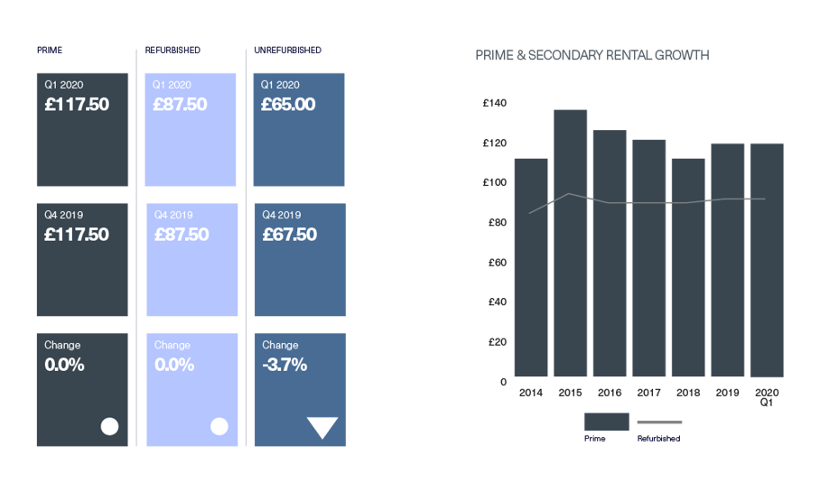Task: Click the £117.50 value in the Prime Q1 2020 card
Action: pos(77,105)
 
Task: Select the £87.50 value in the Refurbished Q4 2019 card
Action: pos(181,235)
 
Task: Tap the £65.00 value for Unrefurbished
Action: pos(288,105)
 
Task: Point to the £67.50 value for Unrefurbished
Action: pos(289,235)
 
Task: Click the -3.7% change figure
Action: pos(284,365)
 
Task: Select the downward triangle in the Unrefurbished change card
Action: pos(322,427)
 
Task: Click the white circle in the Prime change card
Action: pos(109,426)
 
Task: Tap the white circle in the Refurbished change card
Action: pos(219,426)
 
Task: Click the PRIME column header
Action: pos(49,50)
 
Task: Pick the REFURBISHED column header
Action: pos(172,50)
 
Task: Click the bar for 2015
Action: pos(571,244)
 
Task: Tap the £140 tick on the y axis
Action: pos(495,103)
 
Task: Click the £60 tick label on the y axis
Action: pos(497,262)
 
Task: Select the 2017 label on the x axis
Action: pos(648,393)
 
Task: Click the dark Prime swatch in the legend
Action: pos(606,422)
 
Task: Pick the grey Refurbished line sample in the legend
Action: pos(658,422)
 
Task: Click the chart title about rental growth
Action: pos(592,56)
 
